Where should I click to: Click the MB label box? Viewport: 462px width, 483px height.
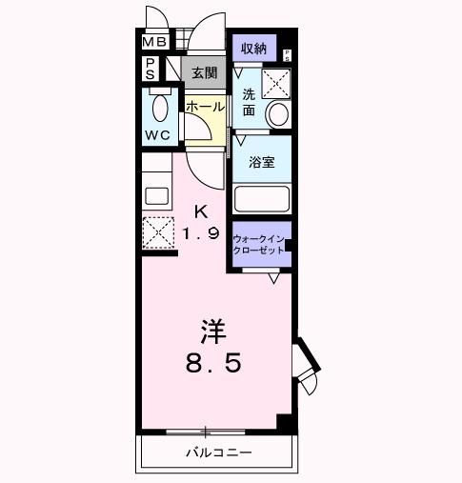point(154,42)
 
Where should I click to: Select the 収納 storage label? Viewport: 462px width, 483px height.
point(252,48)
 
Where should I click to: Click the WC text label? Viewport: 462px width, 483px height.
point(157,135)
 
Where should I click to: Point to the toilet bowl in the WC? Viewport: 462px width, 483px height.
point(158,107)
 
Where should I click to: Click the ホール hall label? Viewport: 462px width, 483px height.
point(206,108)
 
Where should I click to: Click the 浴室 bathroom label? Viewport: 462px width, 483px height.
point(262,161)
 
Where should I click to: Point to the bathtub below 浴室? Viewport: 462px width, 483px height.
point(262,198)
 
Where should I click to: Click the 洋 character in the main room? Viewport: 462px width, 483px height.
point(212,332)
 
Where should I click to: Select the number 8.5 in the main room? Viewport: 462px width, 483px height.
point(213,364)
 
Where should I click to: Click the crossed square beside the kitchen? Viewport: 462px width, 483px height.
point(158,232)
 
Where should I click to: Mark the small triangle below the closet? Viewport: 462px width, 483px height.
point(273,278)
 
